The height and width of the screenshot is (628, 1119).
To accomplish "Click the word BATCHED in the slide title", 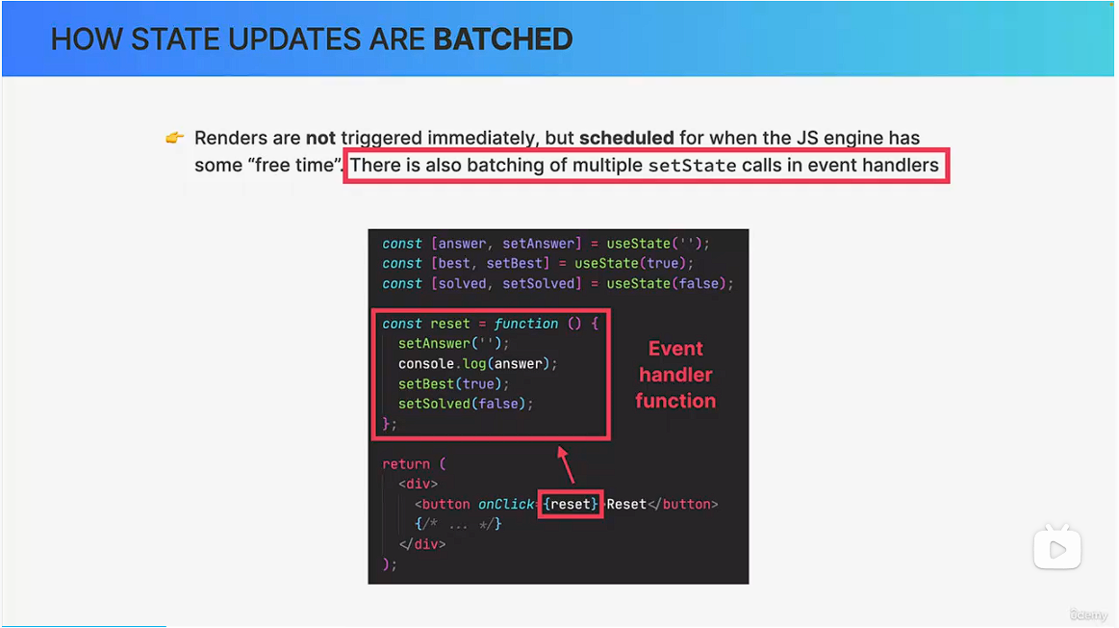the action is [x=503, y=39].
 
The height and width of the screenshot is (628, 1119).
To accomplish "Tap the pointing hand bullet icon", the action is [x=175, y=137].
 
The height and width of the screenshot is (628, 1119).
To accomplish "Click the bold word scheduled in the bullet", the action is [x=626, y=137].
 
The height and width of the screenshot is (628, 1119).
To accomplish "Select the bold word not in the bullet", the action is [x=320, y=137].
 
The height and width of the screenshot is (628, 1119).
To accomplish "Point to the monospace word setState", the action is [x=692, y=166].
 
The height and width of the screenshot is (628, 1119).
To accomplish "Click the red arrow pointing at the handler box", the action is [x=567, y=465].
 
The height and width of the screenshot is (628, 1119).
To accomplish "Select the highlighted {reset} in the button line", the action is [x=571, y=505].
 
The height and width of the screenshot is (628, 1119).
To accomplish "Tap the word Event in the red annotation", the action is [x=675, y=349].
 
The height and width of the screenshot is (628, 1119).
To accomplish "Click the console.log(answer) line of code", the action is [x=477, y=364].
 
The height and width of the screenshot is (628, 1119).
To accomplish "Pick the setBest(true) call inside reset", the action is [x=454, y=383].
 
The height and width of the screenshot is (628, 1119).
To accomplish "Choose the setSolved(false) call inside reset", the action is [x=466, y=404].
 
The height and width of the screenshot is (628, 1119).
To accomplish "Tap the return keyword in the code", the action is [x=406, y=464].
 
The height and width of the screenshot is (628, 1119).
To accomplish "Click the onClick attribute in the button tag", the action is [x=505, y=505].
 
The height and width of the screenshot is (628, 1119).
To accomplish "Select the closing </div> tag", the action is [x=422, y=544].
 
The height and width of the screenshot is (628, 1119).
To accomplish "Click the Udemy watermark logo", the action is [x=1089, y=615].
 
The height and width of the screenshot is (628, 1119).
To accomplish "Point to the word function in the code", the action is [x=526, y=324].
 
